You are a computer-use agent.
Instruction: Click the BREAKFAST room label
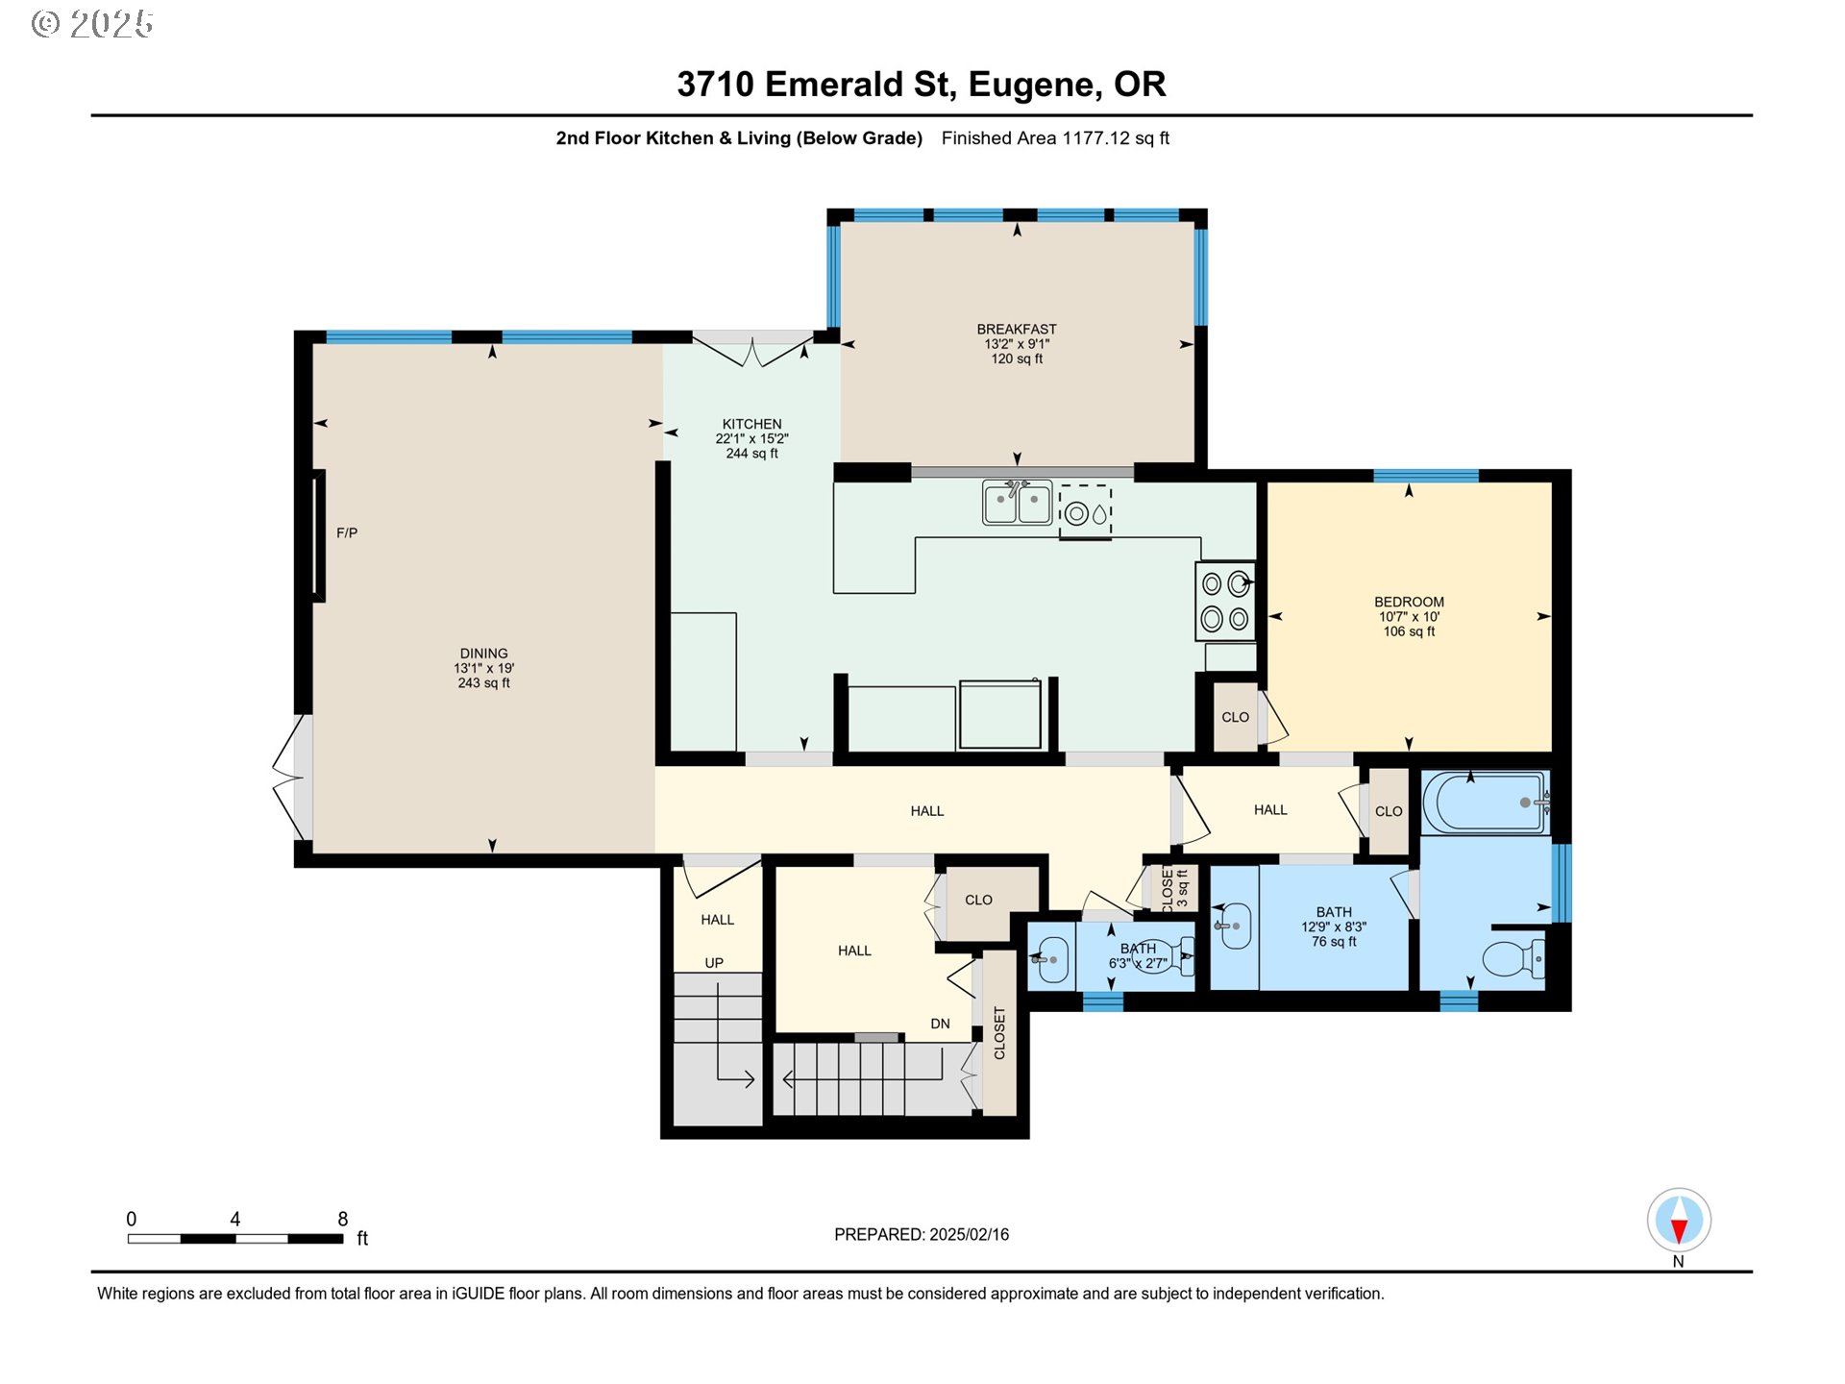1017,329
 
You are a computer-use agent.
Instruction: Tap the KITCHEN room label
751,424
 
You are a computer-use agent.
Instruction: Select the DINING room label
483,654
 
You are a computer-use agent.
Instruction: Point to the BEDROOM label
1409,602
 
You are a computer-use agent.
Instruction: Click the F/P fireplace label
347,532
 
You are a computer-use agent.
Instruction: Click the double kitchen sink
1017,503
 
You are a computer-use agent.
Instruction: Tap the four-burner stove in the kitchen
1225,602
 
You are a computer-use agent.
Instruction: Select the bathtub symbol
1486,803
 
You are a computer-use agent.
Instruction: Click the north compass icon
1679,1220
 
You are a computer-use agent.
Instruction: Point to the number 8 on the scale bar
342,1219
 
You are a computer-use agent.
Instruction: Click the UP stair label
714,963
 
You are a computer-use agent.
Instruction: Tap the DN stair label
940,1024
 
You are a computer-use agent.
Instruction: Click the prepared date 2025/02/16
970,1235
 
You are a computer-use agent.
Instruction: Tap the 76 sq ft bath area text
1334,942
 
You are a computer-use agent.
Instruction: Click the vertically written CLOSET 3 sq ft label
1174,888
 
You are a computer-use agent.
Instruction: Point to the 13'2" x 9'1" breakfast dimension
1017,344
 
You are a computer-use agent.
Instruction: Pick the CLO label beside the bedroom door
1235,717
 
